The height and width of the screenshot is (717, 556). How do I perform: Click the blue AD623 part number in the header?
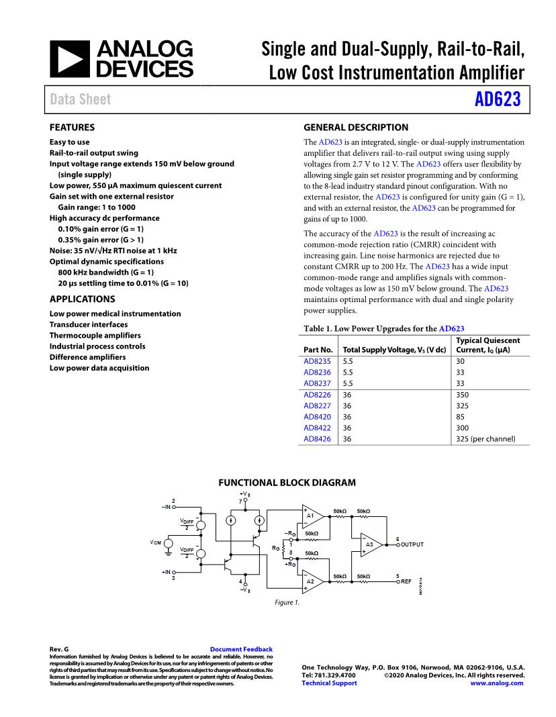[498, 99]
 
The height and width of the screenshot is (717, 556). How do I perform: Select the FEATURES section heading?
[72, 127]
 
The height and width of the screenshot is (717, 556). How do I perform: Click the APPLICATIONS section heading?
[82, 299]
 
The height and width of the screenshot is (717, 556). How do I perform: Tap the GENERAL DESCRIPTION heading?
[356, 127]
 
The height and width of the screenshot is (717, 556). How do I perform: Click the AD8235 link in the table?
[317, 361]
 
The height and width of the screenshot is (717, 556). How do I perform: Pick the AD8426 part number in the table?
[317, 438]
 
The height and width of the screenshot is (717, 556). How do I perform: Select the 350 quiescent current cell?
[462, 395]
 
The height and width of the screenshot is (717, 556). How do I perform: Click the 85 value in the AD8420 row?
[460, 417]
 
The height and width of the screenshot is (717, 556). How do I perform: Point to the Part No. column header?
[318, 350]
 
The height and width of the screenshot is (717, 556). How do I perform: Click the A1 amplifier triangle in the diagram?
[312, 516]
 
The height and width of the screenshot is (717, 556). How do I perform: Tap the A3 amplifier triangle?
[370, 544]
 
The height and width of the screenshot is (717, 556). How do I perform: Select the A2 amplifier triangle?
[312, 581]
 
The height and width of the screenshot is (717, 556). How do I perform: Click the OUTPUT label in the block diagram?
[412, 544]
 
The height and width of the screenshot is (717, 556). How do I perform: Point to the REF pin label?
[406, 581]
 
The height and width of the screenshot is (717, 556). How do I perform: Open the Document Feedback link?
[241, 649]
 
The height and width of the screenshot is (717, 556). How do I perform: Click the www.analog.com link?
[497, 683]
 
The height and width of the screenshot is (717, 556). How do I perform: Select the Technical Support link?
[329, 683]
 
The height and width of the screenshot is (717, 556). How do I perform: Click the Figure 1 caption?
[287, 603]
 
